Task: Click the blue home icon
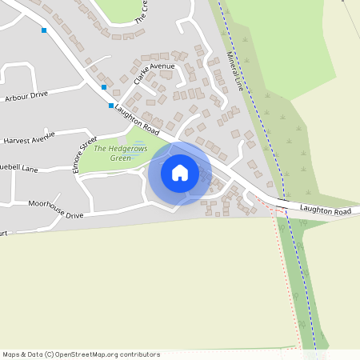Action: coord(180,172)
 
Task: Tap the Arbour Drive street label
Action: coord(26,94)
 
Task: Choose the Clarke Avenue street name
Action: coord(154,75)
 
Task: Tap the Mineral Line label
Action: coord(234,71)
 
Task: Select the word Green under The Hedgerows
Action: coord(120,158)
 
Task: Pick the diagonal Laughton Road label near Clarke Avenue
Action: coord(138,120)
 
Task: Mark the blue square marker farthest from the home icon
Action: coord(44,30)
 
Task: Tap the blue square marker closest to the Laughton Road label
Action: coord(111,105)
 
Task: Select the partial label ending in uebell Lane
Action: coord(19,169)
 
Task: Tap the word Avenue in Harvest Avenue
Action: coord(42,137)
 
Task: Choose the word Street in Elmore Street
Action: coord(88,146)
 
